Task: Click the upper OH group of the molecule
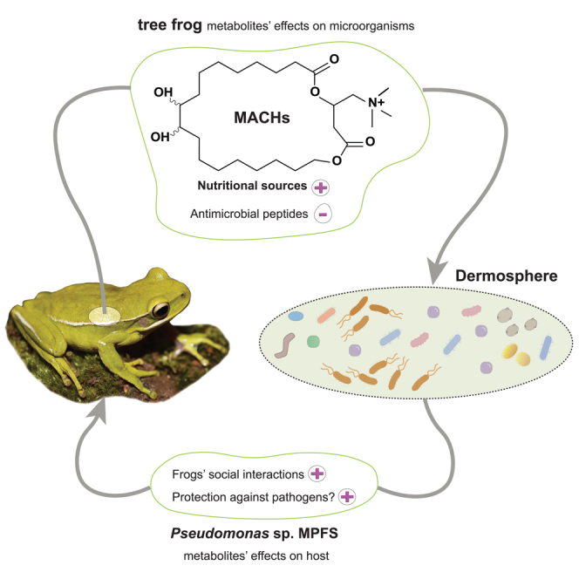(162, 92)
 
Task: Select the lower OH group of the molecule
(162, 137)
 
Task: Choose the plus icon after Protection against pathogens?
(347, 496)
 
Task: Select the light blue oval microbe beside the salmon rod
(296, 317)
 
